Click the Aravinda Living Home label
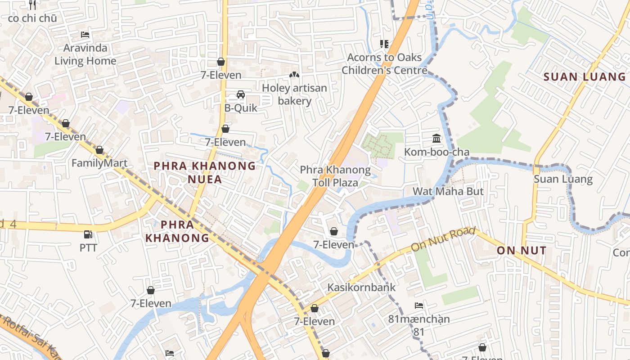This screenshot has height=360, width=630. coord(85,54)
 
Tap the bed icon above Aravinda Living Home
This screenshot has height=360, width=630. coord(85,35)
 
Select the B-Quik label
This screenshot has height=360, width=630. coord(241,108)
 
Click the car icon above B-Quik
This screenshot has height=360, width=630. coord(241,94)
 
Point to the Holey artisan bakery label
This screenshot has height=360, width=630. coord(294,94)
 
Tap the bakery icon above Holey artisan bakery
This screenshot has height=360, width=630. coord(294,75)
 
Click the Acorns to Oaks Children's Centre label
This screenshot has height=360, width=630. coord(384,64)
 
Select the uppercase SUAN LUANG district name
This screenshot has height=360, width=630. coord(584,77)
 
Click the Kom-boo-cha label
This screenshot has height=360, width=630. coord(436,152)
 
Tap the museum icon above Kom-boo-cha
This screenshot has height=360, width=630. coord(436,138)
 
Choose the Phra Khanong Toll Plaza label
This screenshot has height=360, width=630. coord(335,176)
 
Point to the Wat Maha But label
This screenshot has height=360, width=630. coord(448,191)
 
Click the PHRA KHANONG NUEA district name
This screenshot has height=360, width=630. coord(205,172)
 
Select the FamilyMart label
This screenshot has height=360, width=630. coord(99,163)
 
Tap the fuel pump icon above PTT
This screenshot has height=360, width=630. coord(88,234)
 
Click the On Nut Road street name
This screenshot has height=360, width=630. coord(443,239)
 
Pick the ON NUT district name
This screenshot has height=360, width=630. coord(522,251)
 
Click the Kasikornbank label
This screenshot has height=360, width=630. coord(361,287)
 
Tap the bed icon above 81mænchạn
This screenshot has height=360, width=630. coord(419,306)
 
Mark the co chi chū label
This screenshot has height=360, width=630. coord(32,18)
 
